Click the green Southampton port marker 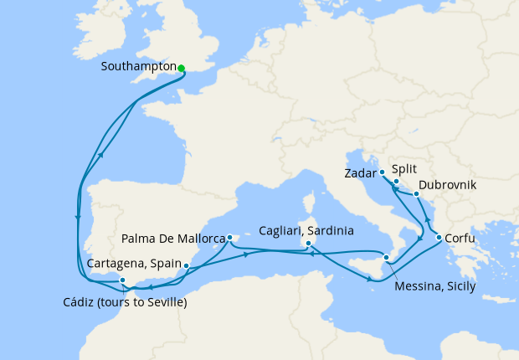[x=181, y=69]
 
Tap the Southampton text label [x=137, y=66]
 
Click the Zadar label [x=360, y=174]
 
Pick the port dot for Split [x=396, y=181]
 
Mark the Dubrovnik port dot [x=416, y=193]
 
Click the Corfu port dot [x=439, y=238]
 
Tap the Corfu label [x=464, y=237]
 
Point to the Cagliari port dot [x=309, y=244]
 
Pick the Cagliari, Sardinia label [x=306, y=230]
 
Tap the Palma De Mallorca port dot [x=229, y=238]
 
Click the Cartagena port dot [x=186, y=266]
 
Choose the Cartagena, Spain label [x=134, y=263]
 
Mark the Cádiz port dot [x=122, y=280]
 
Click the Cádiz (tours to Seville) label [x=125, y=302]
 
